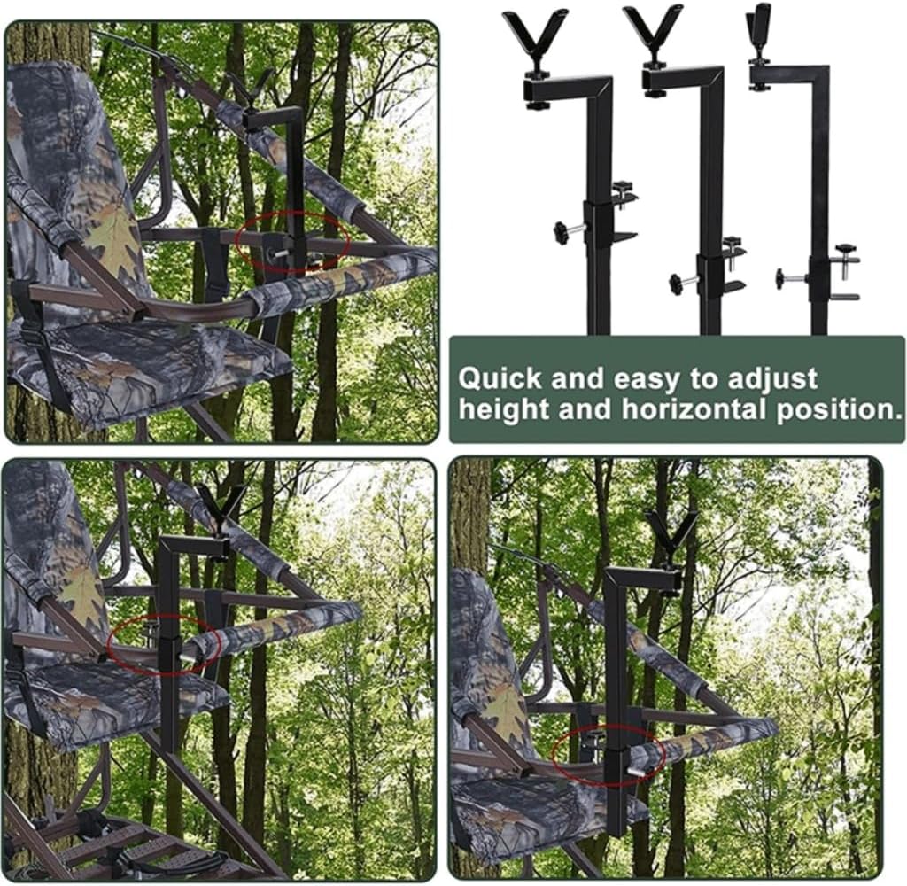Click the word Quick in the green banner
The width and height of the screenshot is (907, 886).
pos(499,379)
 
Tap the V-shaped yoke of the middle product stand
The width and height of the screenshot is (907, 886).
pos(653,32)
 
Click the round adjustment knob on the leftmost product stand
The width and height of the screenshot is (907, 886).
pos(562,232)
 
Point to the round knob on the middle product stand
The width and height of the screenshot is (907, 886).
pos(678,284)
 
